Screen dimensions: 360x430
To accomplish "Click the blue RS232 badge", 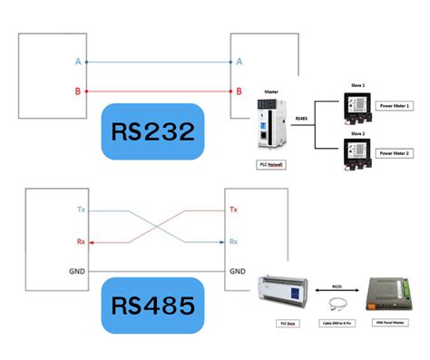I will tap(152, 133).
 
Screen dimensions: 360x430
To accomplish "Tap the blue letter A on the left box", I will tap(78, 62).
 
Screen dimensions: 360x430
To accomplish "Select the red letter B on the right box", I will tap(239, 91).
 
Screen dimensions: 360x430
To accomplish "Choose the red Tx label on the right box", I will tap(234, 209).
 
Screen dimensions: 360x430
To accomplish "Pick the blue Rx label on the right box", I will tap(234, 241).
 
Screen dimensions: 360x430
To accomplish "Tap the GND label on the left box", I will tap(78, 271).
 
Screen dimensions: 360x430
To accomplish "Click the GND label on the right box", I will tap(237, 271).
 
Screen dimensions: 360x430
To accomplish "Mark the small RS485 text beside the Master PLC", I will tap(302, 117).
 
